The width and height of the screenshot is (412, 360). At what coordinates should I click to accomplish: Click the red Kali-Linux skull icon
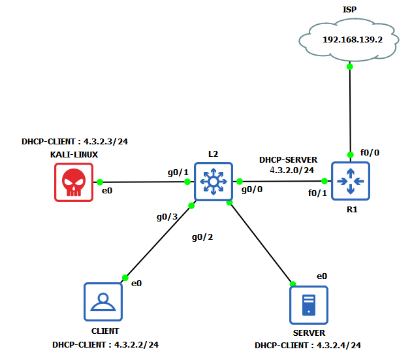74,182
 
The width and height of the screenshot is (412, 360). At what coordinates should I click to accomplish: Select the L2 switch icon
213,180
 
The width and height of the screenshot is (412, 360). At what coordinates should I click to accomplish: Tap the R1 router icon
351,180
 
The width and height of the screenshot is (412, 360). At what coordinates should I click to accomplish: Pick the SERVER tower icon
309,304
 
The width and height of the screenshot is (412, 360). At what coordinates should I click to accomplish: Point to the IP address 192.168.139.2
352,39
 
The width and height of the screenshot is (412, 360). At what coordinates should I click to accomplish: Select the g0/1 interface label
178,172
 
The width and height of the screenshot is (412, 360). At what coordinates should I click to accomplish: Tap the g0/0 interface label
252,190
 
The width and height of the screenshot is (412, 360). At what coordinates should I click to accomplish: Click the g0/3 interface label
166,216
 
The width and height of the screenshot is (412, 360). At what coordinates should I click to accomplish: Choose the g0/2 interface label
202,237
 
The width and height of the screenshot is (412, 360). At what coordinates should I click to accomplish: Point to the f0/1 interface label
318,193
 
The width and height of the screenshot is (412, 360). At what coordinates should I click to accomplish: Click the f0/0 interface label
370,152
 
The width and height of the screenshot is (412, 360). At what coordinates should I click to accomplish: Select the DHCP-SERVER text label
288,159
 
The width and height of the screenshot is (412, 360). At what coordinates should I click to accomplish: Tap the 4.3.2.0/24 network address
292,170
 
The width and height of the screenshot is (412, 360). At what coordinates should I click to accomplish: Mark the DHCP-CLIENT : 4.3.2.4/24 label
308,345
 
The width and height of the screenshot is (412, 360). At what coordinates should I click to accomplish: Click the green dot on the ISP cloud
350,66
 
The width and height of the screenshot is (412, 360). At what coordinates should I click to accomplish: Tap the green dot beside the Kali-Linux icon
100,182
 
